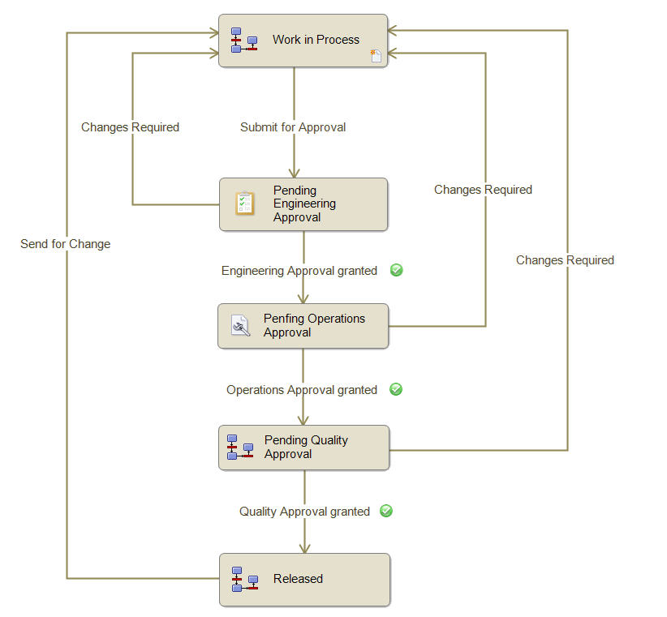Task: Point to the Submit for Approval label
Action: click(293, 127)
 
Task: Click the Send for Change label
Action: click(66, 244)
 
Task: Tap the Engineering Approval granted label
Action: click(299, 271)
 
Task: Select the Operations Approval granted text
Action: click(302, 390)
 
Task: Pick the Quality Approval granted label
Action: click(304, 512)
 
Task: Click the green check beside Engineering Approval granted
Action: click(397, 270)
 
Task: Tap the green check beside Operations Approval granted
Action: click(396, 389)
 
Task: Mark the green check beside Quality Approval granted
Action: click(386, 511)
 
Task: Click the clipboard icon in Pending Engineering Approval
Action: click(245, 204)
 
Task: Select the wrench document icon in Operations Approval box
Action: click(241, 325)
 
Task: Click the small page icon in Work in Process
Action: click(376, 56)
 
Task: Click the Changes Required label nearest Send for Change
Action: click(130, 127)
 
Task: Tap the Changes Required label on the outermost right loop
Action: click(565, 260)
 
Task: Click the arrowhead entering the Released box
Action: click(305, 549)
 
